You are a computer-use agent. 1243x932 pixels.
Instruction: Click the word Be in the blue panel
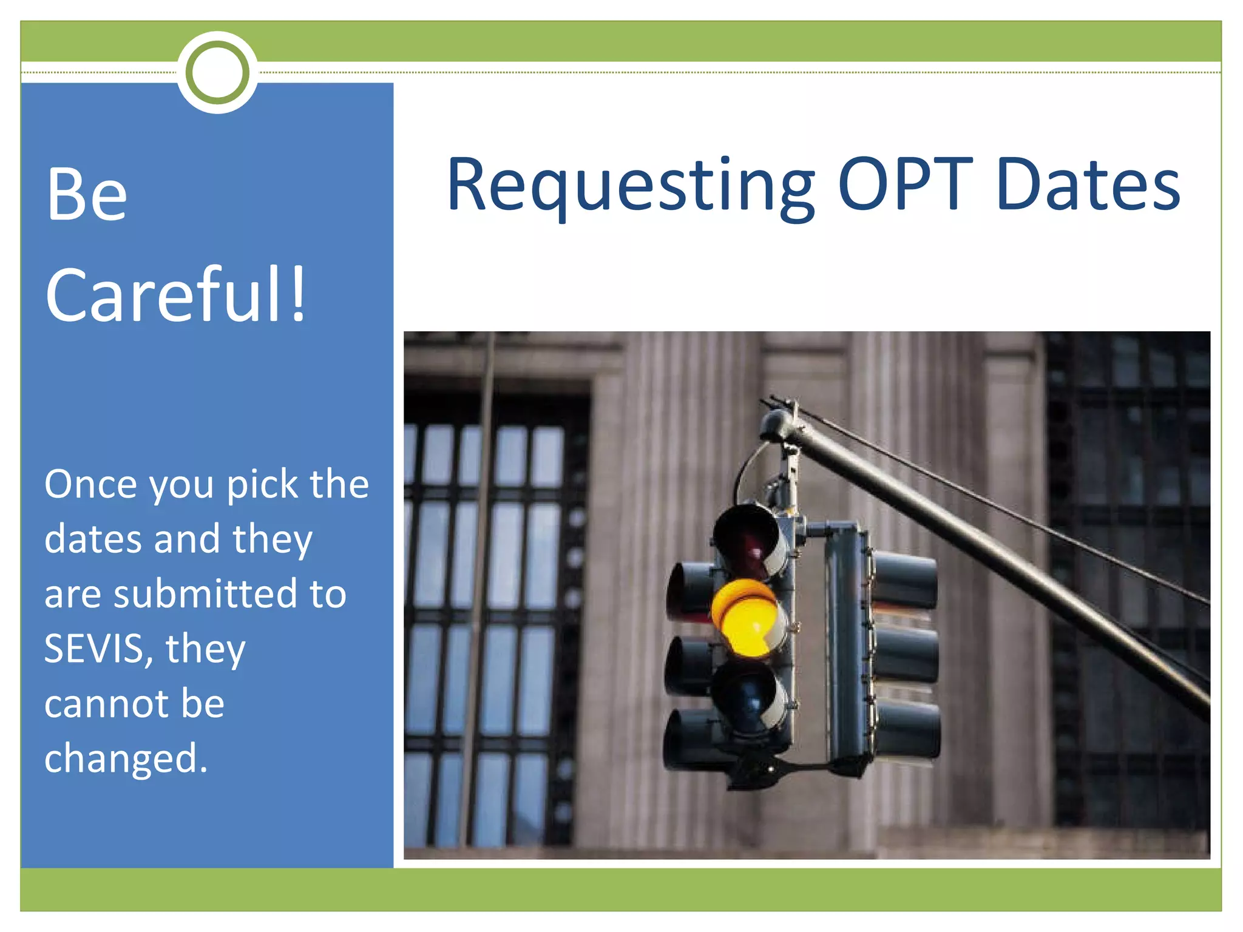[x=87, y=195]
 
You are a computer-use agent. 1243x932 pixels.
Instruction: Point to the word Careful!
[x=176, y=295]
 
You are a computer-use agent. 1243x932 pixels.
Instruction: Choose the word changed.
[x=125, y=758]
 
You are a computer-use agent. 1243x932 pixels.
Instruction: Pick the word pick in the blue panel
[x=262, y=485]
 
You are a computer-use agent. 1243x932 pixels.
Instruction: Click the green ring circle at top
[x=217, y=72]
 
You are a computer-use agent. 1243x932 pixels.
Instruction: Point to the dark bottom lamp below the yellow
[x=748, y=698]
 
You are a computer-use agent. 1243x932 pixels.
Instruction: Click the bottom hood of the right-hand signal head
[x=907, y=731]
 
